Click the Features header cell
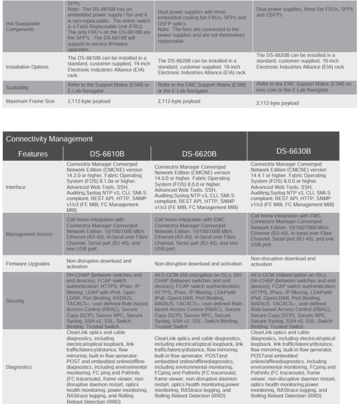point(34,153)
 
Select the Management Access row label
point(30,234)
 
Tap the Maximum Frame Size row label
point(30,101)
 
